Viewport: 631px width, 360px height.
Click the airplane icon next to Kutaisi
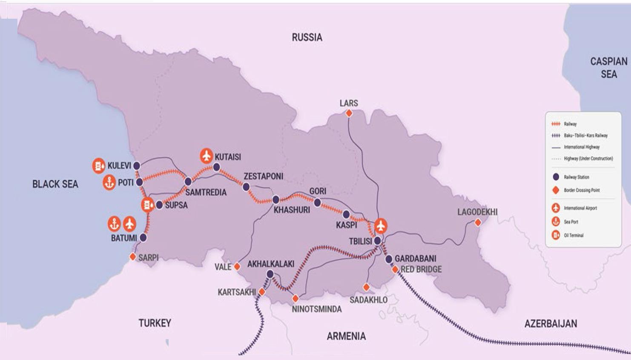207,156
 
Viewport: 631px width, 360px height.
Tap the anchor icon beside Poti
109,183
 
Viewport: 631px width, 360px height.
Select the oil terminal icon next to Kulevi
99,166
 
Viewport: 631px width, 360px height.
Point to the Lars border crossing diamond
349,113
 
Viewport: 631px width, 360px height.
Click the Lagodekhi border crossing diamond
478,223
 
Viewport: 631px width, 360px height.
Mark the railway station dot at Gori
317,203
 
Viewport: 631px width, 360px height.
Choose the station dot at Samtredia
188,182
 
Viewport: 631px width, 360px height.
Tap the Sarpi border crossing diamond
133,257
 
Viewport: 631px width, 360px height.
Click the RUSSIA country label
307,37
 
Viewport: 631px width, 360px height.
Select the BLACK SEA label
55,184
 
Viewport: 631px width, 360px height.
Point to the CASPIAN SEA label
608,68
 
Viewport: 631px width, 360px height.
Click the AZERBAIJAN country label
551,324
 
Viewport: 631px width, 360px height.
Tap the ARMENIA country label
346,336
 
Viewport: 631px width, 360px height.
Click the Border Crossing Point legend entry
582,190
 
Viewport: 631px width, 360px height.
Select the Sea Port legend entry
571,222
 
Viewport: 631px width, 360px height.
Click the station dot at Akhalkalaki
270,274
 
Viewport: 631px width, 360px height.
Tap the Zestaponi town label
263,176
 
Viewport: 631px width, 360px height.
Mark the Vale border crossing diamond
237,267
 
